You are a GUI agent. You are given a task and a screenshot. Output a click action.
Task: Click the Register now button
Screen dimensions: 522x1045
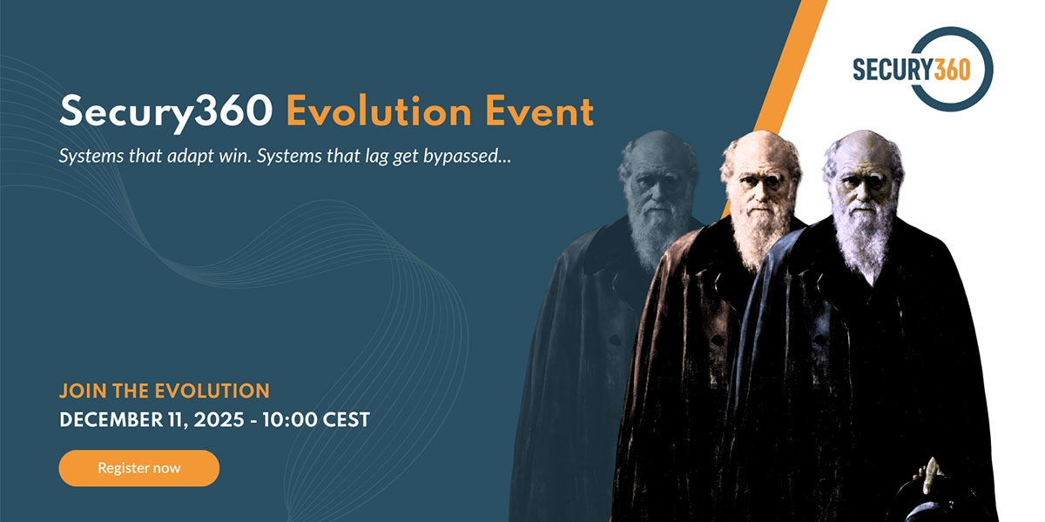point(139,468)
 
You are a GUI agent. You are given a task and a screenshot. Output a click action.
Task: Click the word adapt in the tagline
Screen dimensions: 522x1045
point(194,158)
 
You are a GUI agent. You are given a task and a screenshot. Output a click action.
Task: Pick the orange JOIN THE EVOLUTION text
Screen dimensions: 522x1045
point(165,390)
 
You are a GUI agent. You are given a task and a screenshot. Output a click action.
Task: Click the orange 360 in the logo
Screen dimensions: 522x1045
point(953,70)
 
